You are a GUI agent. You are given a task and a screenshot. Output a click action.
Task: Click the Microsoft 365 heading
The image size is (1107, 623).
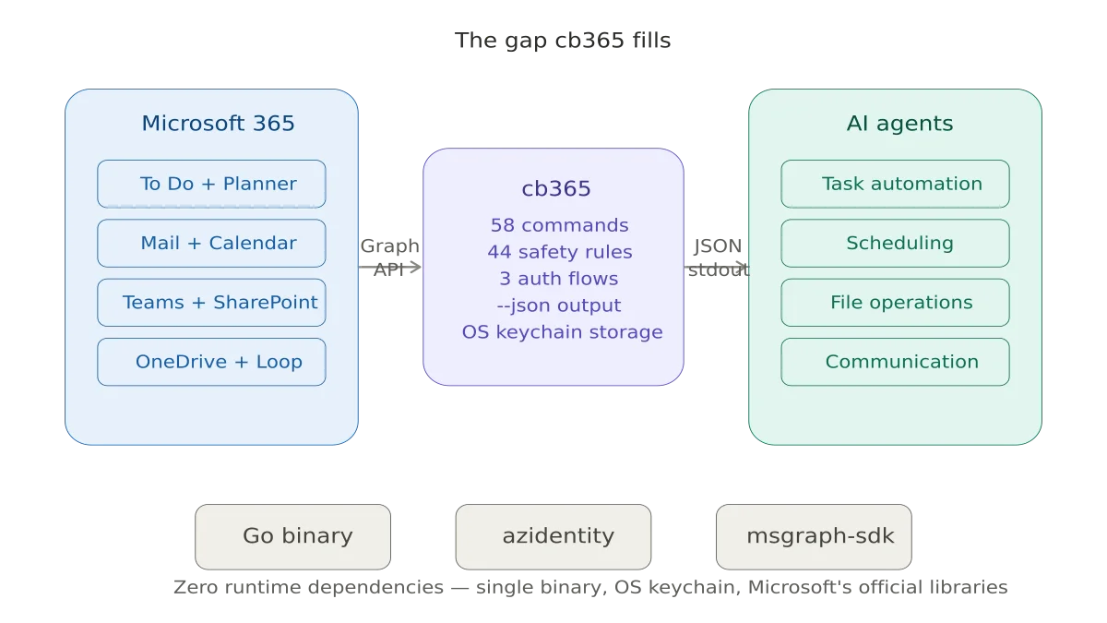218,124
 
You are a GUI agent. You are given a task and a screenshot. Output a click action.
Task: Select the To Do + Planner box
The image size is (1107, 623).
211,184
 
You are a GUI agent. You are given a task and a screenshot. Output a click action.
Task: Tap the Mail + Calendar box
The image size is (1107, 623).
211,243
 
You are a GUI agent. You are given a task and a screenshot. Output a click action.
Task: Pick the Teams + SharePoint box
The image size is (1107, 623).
211,302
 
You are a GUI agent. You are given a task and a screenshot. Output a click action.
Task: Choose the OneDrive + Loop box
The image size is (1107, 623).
211,361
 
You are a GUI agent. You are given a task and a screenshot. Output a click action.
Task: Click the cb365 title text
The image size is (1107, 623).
555,189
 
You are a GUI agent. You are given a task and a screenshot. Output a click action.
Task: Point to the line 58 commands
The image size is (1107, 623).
559,225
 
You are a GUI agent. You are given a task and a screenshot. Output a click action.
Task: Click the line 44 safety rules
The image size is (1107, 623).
559,252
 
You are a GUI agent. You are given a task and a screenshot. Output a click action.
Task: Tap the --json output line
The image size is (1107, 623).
559,306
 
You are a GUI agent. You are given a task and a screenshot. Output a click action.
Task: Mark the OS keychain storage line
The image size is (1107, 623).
562,332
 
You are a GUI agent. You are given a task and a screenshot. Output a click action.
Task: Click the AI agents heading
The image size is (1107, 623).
899,124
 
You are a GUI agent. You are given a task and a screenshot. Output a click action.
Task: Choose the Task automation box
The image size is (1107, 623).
895,184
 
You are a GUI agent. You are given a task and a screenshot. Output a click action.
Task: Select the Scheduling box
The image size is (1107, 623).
895,243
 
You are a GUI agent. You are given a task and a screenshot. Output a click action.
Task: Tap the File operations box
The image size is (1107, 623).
895,302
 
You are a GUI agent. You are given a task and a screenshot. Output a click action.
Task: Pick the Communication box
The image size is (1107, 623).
895,361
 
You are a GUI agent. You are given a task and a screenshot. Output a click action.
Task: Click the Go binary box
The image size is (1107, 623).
292,536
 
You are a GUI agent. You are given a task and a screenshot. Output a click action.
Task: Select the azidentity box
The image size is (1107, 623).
553,536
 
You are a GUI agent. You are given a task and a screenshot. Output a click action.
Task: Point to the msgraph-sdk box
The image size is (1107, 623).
815,536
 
